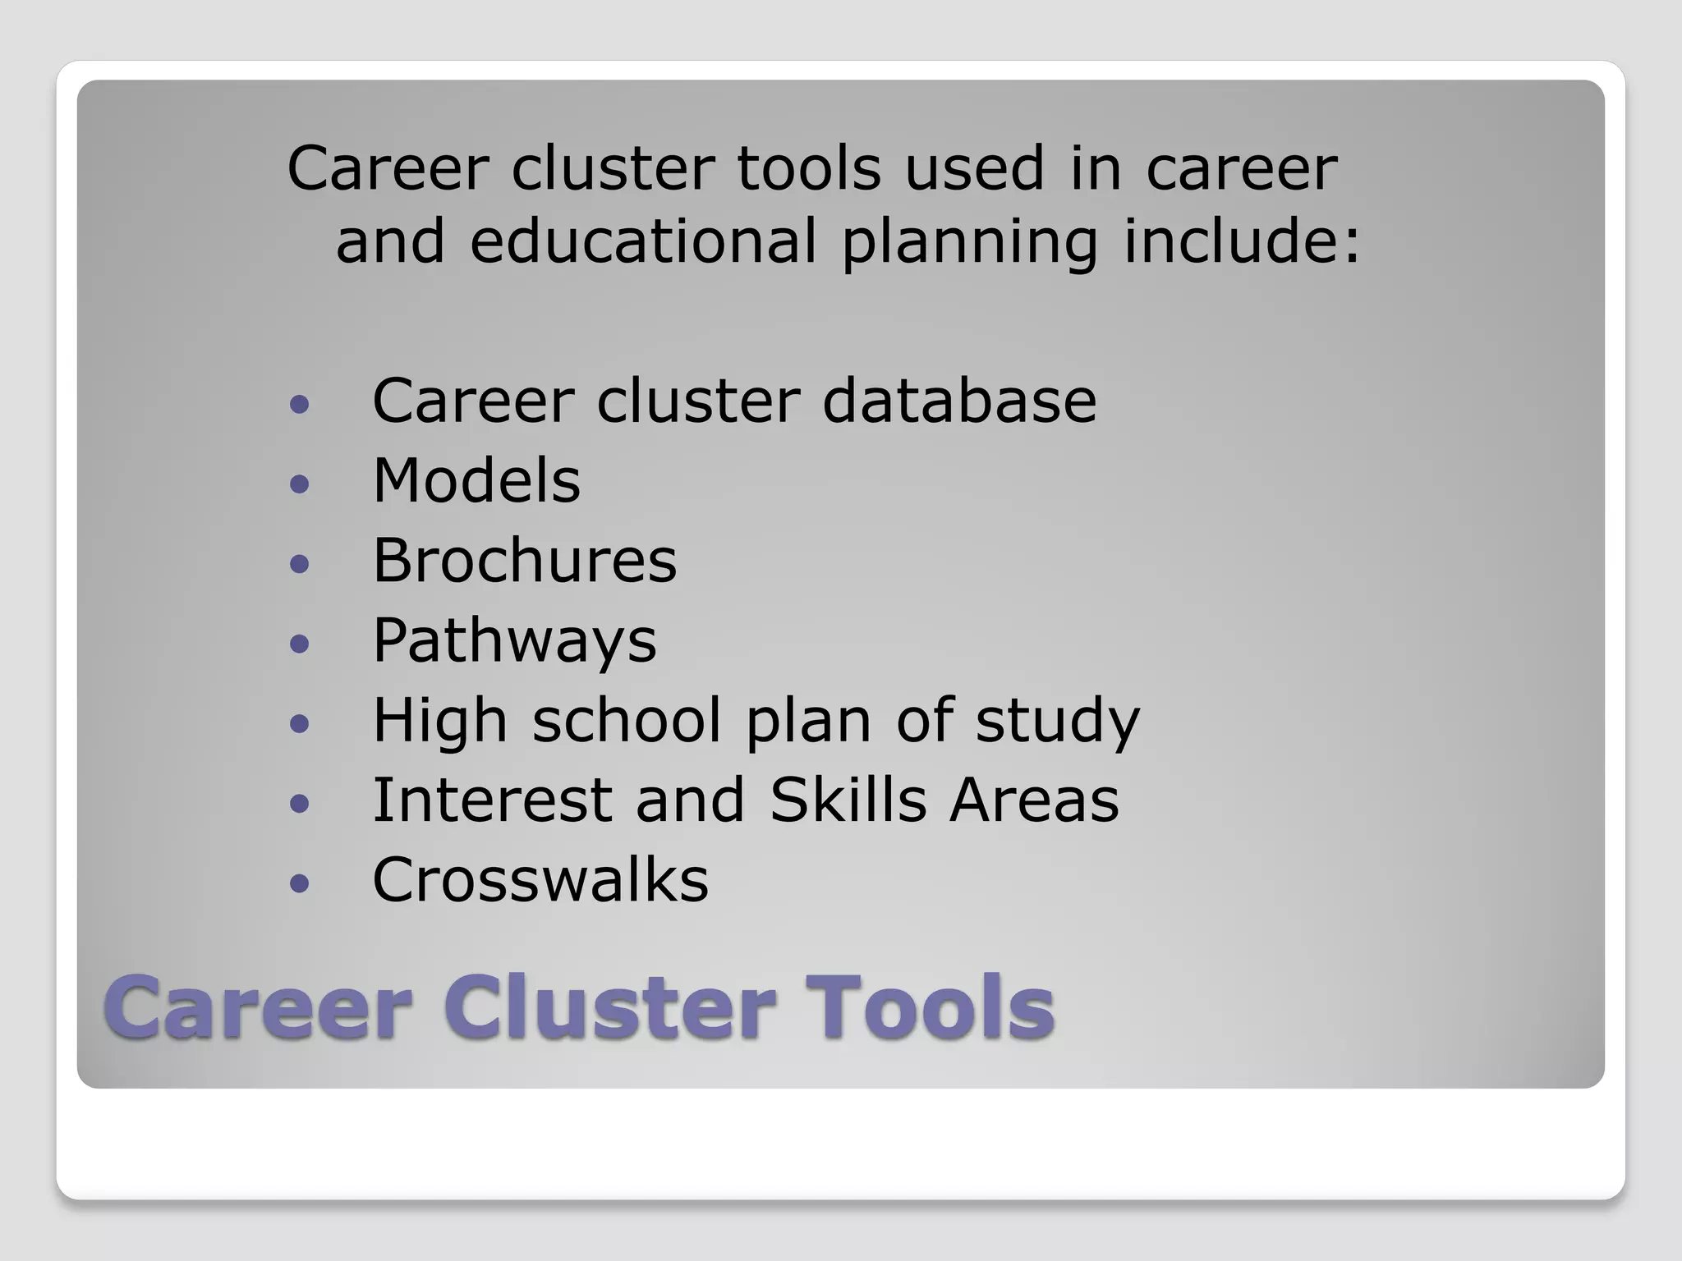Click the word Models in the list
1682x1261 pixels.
(476, 480)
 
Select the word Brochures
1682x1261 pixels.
(525, 561)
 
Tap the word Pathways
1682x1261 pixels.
(514, 640)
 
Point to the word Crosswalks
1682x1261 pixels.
(540, 880)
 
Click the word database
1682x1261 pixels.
(958, 401)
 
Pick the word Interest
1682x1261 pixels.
(492, 800)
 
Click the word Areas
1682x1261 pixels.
(1034, 800)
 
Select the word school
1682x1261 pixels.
(627, 721)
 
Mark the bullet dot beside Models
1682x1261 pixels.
(300, 483)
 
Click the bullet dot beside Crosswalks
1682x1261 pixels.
(300, 883)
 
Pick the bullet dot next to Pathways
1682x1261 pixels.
(300, 643)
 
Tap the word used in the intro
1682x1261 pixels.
(975, 168)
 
